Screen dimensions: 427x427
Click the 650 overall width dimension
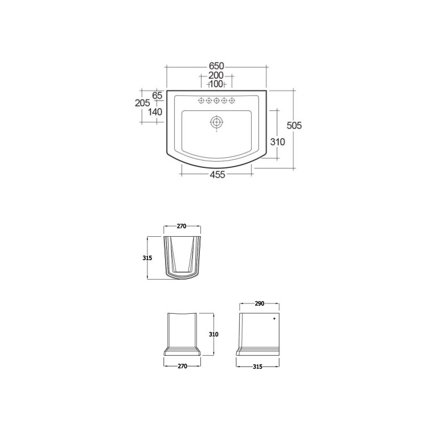pyautogui.click(x=216, y=66)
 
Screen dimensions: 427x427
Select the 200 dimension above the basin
pyautogui.click(x=216, y=76)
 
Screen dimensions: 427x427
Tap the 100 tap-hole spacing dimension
pyautogui.click(x=216, y=84)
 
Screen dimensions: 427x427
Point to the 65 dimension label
pyautogui.click(x=158, y=95)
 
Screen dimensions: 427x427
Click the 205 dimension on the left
pyautogui.click(x=142, y=103)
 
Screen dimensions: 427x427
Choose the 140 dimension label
pyautogui.click(x=155, y=112)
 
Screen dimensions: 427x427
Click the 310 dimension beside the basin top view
pyautogui.click(x=278, y=142)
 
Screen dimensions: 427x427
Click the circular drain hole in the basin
pyautogui.click(x=216, y=121)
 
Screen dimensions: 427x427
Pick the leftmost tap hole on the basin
pyautogui.click(x=201, y=101)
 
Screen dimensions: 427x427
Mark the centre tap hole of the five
pyautogui.click(x=216, y=101)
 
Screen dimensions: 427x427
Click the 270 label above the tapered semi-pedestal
pyautogui.click(x=182, y=226)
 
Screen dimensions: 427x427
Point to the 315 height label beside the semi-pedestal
pyautogui.click(x=147, y=258)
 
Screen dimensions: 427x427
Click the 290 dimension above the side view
pyautogui.click(x=259, y=305)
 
